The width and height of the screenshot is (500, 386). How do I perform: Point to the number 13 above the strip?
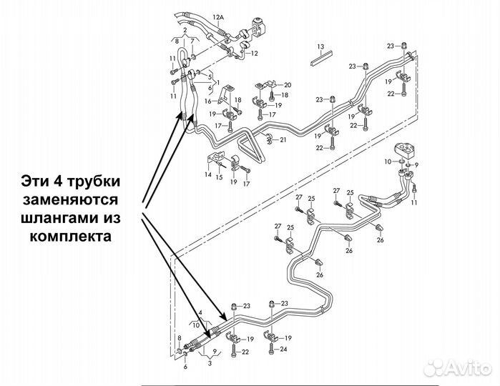tap(321, 46)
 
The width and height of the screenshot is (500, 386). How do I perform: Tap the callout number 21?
tap(283, 139)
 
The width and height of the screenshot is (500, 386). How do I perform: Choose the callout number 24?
tap(283, 350)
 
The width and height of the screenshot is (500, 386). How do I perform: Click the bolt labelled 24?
tap(273, 349)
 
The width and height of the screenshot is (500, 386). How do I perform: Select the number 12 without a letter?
tap(254, 54)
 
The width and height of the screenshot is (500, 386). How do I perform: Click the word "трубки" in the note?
tap(101, 177)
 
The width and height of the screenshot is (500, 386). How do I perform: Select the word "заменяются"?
tap(72, 197)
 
